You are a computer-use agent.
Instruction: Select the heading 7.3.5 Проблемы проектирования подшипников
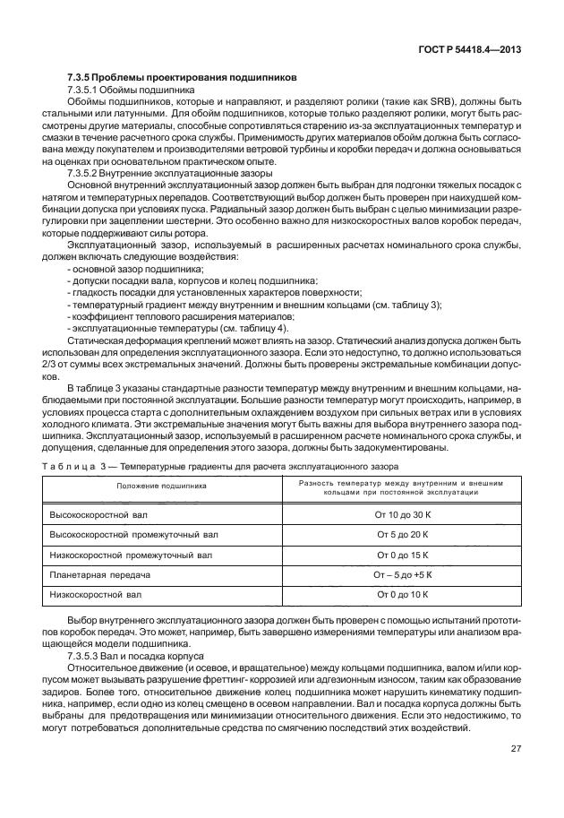pos(175,78)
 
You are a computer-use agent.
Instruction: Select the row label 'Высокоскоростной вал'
pos(100,518)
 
